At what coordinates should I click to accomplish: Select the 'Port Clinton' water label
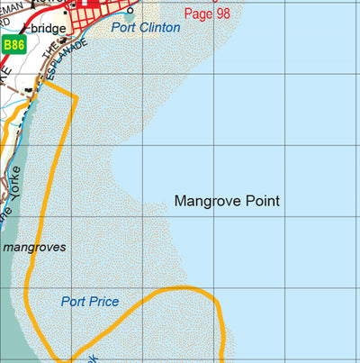(146, 28)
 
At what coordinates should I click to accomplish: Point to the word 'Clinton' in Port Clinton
(159, 28)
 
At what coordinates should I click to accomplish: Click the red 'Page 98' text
(207, 14)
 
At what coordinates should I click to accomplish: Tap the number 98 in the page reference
(223, 14)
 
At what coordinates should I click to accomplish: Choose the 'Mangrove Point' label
(227, 201)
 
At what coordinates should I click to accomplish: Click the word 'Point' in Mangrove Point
(263, 201)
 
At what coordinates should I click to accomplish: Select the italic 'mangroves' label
(35, 245)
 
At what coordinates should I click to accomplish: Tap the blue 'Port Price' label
(90, 302)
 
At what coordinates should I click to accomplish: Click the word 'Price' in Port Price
(103, 302)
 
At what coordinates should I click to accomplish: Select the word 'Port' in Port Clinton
(125, 28)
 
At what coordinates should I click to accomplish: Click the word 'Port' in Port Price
(74, 302)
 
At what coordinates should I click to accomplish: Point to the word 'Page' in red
(198, 14)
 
